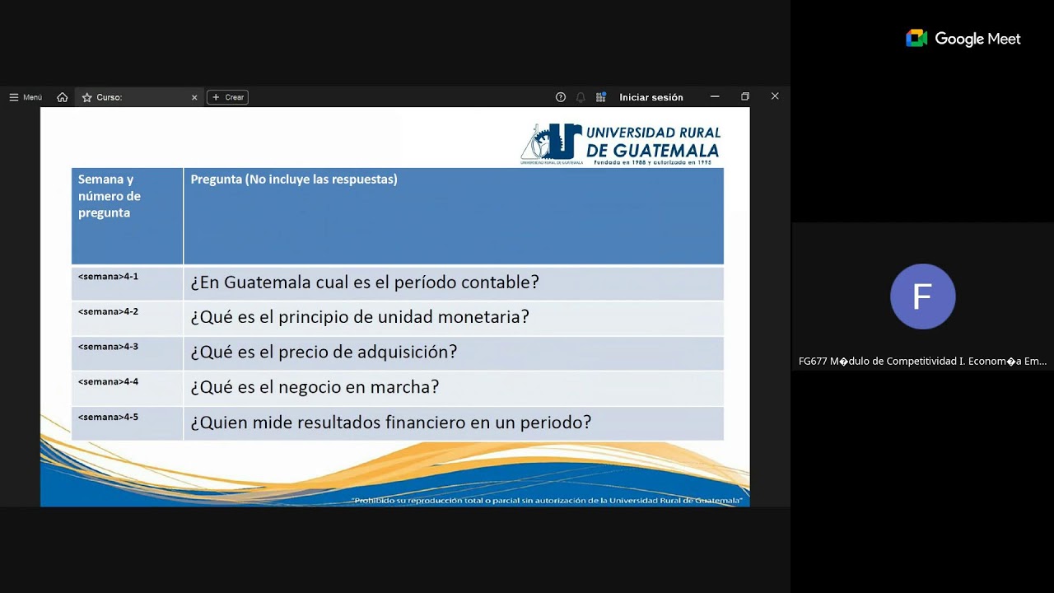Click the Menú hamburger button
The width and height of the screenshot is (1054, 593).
pyautogui.click(x=26, y=97)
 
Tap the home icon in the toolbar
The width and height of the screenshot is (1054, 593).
pyautogui.click(x=63, y=97)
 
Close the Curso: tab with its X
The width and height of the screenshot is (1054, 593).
pyautogui.click(x=194, y=97)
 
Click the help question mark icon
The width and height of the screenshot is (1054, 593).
pyautogui.click(x=561, y=97)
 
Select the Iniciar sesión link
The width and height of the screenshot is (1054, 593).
pyautogui.click(x=651, y=97)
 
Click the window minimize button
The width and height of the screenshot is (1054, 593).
pyautogui.click(x=715, y=97)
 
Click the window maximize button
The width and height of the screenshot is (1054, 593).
pyautogui.click(x=745, y=97)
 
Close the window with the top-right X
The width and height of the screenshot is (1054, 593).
pyautogui.click(x=775, y=96)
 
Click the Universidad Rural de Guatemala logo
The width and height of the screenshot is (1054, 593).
pyautogui.click(x=621, y=143)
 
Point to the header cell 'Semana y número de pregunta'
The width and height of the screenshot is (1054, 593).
pyautogui.click(x=110, y=196)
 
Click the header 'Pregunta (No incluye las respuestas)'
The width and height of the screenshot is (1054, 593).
pyautogui.click(x=294, y=180)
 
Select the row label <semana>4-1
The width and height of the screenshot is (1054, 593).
pyautogui.click(x=108, y=277)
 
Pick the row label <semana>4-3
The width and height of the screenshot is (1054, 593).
pyautogui.click(x=108, y=347)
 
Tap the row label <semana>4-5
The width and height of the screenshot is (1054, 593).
pyautogui.click(x=108, y=418)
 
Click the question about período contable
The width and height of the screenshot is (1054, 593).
pyautogui.click(x=365, y=282)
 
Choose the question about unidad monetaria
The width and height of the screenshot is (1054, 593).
pyautogui.click(x=360, y=317)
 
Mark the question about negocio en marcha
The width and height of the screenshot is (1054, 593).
pyautogui.click(x=315, y=387)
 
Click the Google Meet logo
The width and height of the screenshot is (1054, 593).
pyautogui.click(x=963, y=39)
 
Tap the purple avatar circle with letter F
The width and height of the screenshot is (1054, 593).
pyautogui.click(x=922, y=296)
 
